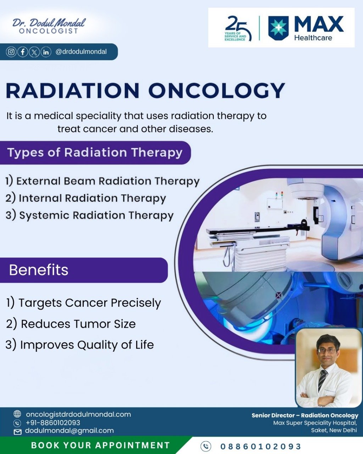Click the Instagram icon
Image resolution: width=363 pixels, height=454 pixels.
click(11, 52)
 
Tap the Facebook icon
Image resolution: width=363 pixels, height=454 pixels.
click(23, 52)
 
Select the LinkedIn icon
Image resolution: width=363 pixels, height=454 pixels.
click(46, 52)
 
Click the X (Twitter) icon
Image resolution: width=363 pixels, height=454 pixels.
click(34, 52)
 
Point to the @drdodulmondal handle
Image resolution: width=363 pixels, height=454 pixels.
click(81, 52)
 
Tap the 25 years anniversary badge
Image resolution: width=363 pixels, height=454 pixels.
click(238, 28)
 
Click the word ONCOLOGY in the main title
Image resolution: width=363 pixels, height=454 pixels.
click(217, 90)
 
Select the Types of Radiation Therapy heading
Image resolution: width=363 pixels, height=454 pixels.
click(95, 152)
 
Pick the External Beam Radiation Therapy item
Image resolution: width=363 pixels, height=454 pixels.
click(102, 181)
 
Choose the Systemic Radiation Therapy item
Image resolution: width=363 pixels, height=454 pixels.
click(90, 215)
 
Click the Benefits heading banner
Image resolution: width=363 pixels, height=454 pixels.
click(84, 270)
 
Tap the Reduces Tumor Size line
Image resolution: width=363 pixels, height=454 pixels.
click(71, 324)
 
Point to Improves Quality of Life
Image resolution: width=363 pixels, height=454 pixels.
click(80, 345)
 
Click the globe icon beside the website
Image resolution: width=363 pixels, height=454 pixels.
click(17, 414)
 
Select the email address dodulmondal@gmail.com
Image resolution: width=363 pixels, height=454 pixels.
click(69, 430)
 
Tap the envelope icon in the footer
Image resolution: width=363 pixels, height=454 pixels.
click(17, 432)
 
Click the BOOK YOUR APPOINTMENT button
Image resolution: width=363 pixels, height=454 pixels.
click(100, 445)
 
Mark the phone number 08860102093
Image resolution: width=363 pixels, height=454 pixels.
click(261, 447)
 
